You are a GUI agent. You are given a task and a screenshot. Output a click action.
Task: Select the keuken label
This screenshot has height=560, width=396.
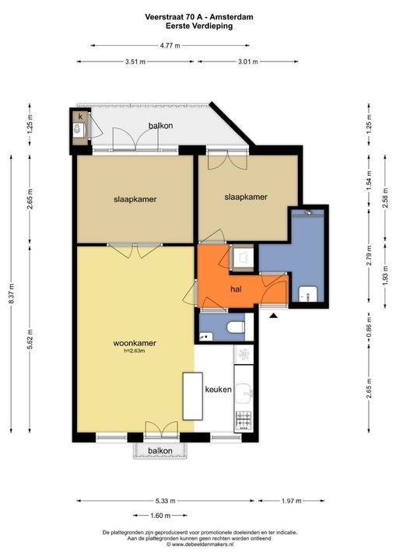pos(218,390)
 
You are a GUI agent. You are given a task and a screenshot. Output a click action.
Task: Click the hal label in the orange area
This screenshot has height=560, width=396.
pos(239,289)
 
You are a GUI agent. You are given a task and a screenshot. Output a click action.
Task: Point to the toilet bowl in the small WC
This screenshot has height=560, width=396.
pos(237,327)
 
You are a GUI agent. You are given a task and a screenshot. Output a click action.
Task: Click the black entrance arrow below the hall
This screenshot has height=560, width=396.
pos(273,314)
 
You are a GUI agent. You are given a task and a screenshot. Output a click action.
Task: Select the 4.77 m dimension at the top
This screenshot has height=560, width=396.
pos(170,46)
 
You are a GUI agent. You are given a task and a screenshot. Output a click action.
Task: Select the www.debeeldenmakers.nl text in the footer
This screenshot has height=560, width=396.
pos(197,544)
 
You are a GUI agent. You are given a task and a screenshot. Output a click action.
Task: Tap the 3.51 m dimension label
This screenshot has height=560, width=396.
pos(135,63)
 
